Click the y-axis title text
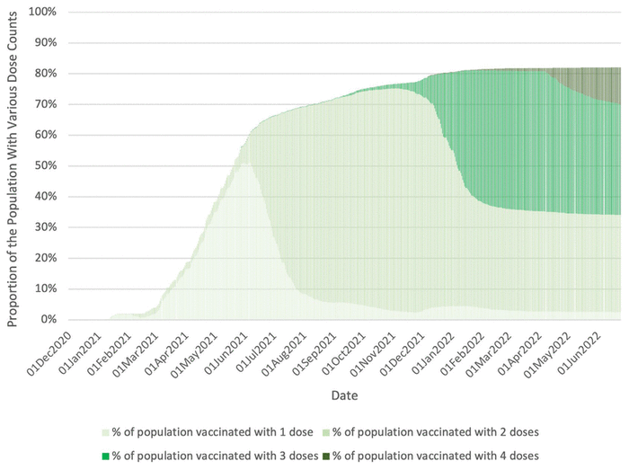[x=13, y=166]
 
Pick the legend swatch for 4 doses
[x=326, y=456]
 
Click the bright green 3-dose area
[x=503, y=135]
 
